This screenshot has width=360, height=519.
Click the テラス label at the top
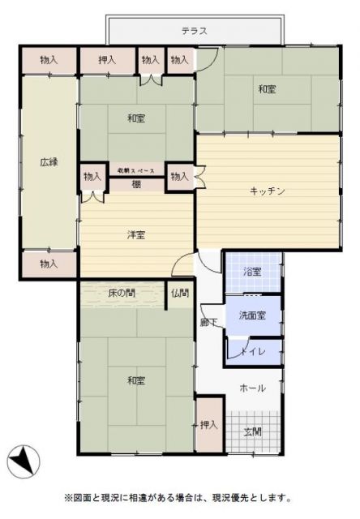click(195, 32)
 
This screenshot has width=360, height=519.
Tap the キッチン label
click(267, 191)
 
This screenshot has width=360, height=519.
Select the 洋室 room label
click(135, 235)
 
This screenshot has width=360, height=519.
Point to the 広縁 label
click(49, 161)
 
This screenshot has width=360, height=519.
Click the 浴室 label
click(252, 272)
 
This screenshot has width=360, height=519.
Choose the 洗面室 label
click(252, 315)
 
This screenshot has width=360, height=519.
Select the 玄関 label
click(253, 432)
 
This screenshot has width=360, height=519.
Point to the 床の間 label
click(122, 293)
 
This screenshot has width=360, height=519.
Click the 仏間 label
click(180, 293)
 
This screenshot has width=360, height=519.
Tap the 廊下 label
click(208, 322)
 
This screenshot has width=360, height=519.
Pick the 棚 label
click(136, 185)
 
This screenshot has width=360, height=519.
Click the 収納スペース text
click(135, 170)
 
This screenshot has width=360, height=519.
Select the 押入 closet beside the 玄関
click(208, 425)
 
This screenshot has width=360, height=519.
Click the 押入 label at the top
click(107, 60)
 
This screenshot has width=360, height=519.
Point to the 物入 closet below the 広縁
click(49, 264)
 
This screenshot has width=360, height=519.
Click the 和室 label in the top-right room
click(267, 89)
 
